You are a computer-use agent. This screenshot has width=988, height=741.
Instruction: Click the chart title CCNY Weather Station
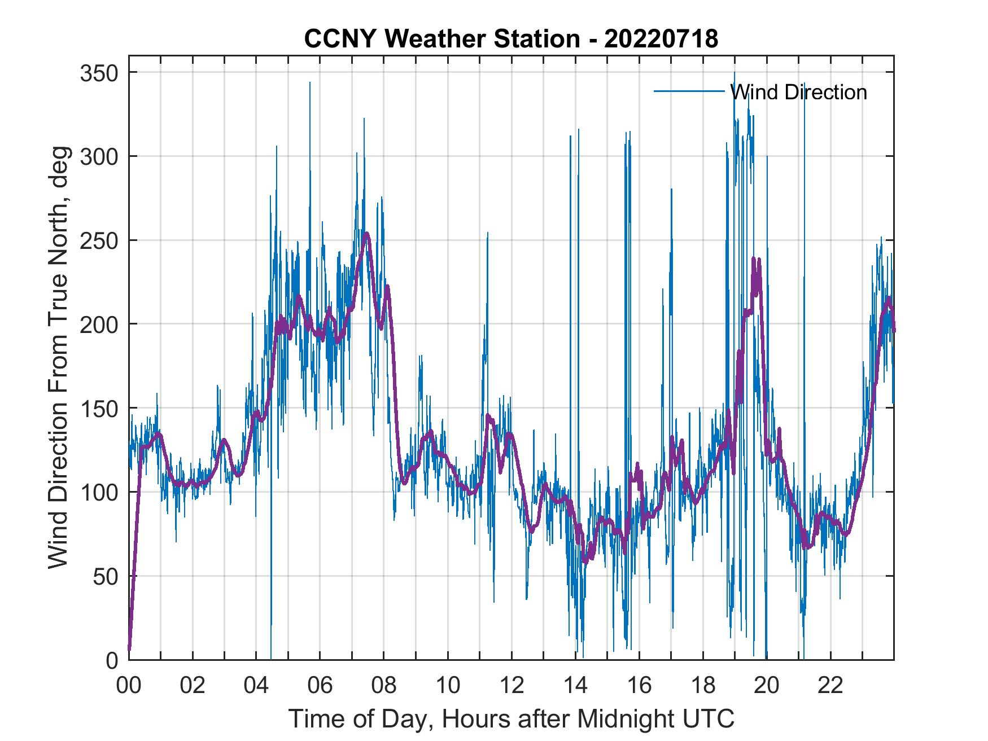click(x=511, y=39)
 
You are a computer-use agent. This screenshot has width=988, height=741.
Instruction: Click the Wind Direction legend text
click(x=798, y=92)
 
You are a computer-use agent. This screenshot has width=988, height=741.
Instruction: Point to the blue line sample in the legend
click(x=689, y=91)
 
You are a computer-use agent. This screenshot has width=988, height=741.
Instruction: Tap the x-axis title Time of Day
click(x=512, y=719)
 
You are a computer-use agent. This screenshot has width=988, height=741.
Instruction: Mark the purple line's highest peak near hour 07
click(x=367, y=233)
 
